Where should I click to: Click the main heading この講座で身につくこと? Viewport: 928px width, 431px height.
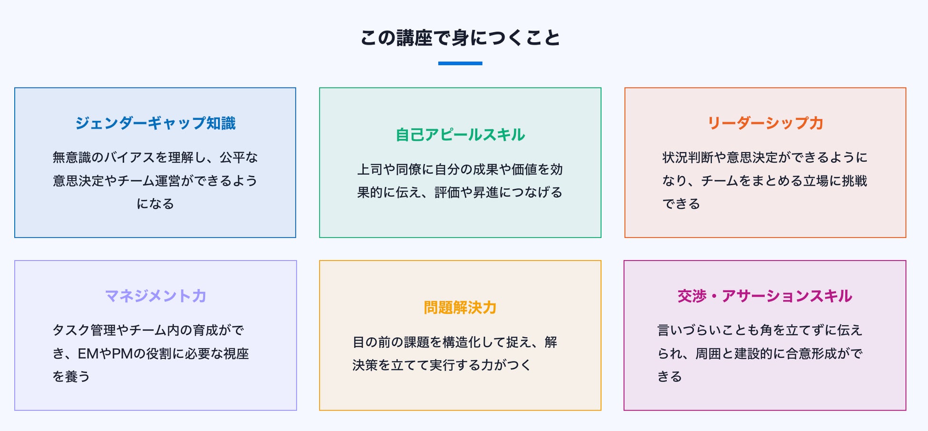pyautogui.click(x=460, y=38)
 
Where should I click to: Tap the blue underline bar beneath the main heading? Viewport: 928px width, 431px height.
pyautogui.click(x=460, y=63)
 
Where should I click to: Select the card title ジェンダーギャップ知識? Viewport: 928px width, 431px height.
pyautogui.click(x=155, y=123)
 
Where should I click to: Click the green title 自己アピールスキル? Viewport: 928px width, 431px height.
pyautogui.click(x=460, y=135)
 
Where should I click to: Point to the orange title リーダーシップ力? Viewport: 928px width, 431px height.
pyautogui.click(x=765, y=123)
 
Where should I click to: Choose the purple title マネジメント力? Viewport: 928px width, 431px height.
pyautogui.click(x=155, y=296)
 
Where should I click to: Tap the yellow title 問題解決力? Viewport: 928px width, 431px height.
pyautogui.click(x=460, y=308)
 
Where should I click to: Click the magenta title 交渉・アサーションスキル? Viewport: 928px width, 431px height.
pyautogui.click(x=765, y=296)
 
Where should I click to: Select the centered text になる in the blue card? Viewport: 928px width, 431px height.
pyautogui.click(x=155, y=204)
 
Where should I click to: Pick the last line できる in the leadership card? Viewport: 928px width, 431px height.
pyautogui.click(x=681, y=204)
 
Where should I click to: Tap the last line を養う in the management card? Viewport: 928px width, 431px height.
pyautogui.click(x=71, y=377)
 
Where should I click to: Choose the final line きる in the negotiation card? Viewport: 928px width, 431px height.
pyautogui.click(x=670, y=377)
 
